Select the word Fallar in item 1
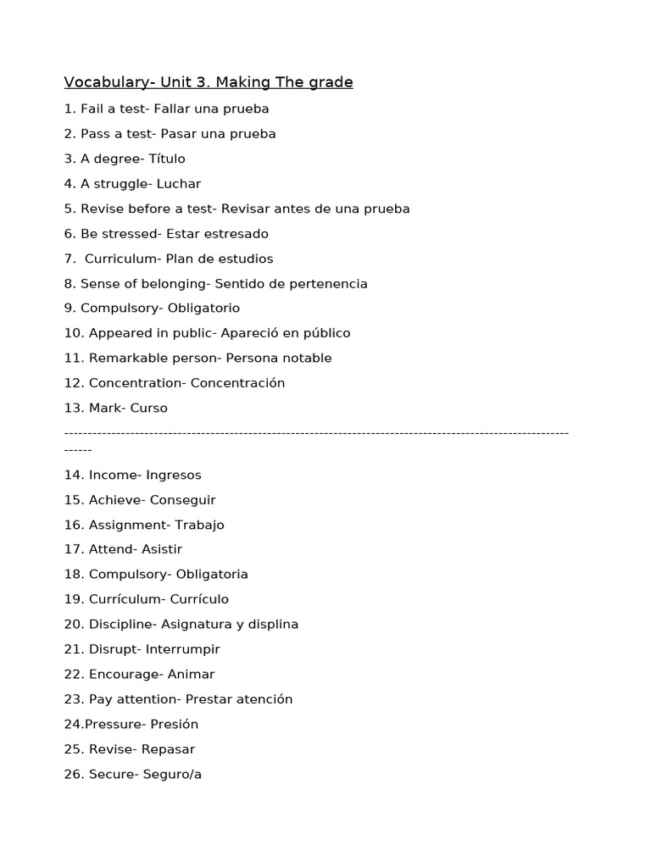click(174, 108)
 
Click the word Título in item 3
click(167, 159)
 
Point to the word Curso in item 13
click(148, 408)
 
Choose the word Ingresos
click(174, 475)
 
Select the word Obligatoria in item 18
click(212, 574)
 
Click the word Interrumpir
click(182, 649)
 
